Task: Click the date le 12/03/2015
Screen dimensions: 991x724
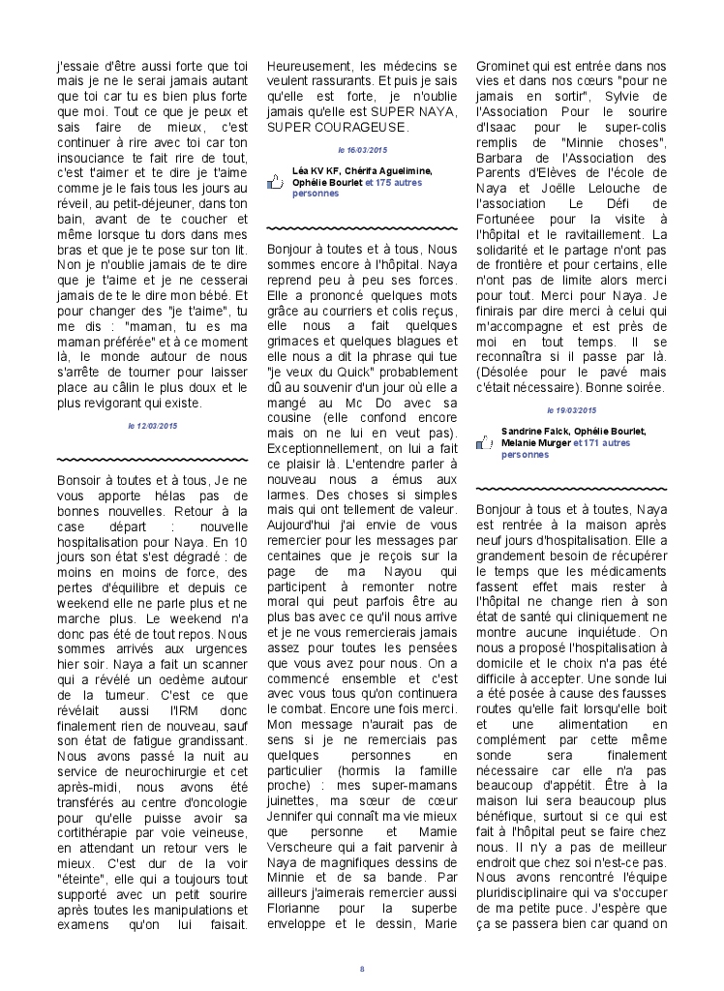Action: [152, 425]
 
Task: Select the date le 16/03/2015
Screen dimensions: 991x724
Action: [362, 150]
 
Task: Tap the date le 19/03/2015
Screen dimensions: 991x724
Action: [572, 410]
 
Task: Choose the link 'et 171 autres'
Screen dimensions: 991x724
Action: [601, 442]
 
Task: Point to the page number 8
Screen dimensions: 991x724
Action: [362, 969]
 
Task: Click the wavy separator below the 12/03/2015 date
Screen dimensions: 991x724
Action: [152, 458]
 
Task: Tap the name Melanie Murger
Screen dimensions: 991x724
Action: [535, 442]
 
